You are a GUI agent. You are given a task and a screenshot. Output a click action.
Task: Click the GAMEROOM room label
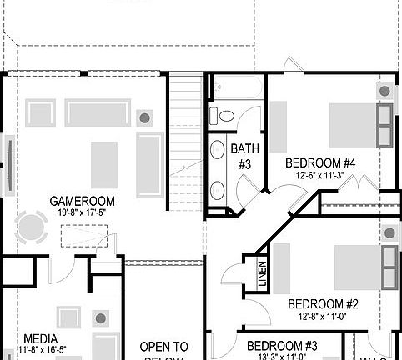click(x=82, y=201)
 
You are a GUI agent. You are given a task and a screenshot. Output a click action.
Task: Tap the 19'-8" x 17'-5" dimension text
click(x=82, y=213)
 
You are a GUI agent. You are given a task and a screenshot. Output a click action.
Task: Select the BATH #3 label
click(x=244, y=156)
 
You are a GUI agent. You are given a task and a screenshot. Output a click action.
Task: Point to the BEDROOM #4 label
click(x=320, y=162)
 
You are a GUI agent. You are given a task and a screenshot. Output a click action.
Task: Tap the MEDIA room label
click(x=41, y=338)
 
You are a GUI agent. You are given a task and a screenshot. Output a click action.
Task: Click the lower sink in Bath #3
click(x=218, y=190)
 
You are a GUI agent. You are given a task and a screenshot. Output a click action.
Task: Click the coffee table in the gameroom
click(x=104, y=164)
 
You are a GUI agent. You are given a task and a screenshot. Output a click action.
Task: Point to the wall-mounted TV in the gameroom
click(x=8, y=162)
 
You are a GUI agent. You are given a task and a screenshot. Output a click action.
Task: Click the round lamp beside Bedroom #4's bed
click(x=384, y=91)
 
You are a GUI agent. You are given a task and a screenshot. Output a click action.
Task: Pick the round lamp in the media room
click(x=101, y=318)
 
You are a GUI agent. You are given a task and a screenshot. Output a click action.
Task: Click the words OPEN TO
click(x=163, y=346)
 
